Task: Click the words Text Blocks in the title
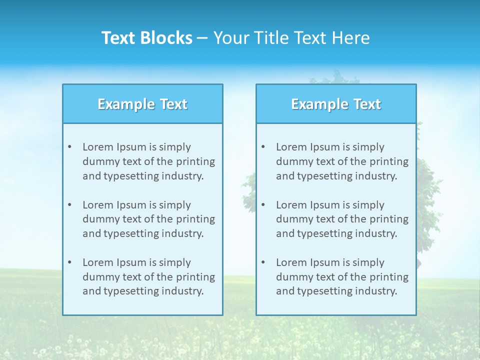pyautogui.click(x=147, y=38)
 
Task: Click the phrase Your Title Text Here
pyautogui.click(x=291, y=38)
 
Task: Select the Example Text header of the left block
pyautogui.click(x=142, y=104)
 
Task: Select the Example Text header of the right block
pyautogui.click(x=336, y=104)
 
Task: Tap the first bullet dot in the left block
pyautogui.click(x=69, y=147)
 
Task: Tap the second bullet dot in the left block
pyautogui.click(x=69, y=205)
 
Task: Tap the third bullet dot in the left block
pyautogui.click(x=69, y=262)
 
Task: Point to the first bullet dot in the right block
pyautogui.click(x=263, y=147)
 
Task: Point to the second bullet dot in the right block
pyautogui.click(x=263, y=205)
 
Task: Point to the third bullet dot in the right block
pyautogui.click(x=263, y=262)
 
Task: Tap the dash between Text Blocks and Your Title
pyautogui.click(x=202, y=38)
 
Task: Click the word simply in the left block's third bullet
pyautogui.click(x=175, y=262)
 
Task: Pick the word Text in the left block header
pyautogui.click(x=173, y=104)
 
